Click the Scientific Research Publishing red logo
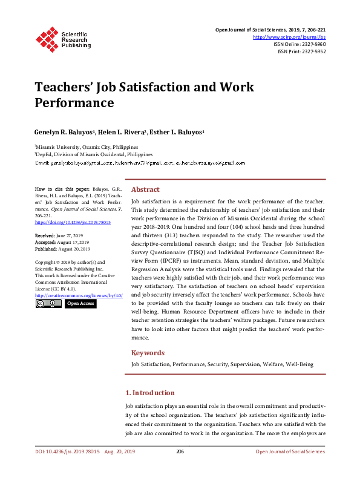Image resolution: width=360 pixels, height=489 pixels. click(x=47, y=38)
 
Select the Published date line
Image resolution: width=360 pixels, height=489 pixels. click(x=62, y=248)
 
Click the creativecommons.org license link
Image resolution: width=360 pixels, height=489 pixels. click(x=79, y=295)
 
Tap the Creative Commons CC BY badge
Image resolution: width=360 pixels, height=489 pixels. click(x=47, y=303)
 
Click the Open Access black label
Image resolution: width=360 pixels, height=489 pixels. click(x=80, y=303)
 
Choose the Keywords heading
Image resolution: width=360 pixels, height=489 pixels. click(x=148, y=353)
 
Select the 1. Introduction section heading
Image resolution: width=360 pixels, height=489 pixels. click(x=149, y=393)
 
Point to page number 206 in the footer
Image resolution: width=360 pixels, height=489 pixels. click(x=180, y=451)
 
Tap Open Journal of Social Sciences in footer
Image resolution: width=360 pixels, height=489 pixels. click(x=290, y=451)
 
